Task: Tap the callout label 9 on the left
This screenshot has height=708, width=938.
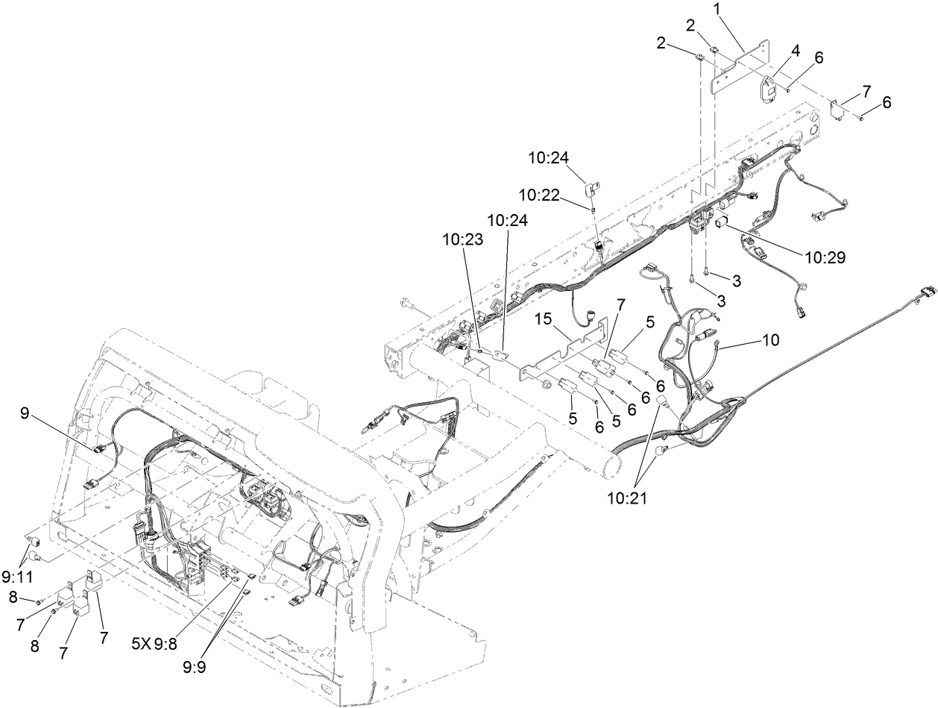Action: [x=25, y=413]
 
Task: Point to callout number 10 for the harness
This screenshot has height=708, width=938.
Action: [x=770, y=340]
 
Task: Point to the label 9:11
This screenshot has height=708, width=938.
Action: [x=16, y=576]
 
